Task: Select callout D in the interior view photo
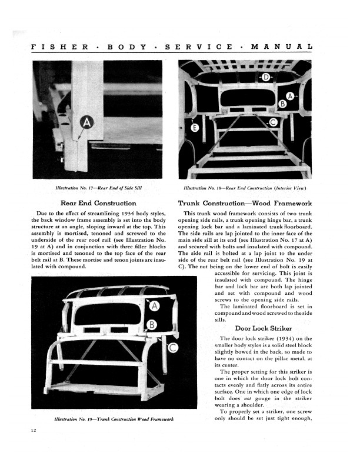(266, 78)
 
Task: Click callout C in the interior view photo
(272, 122)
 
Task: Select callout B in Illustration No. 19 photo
(151, 325)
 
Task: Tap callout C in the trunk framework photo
(174, 348)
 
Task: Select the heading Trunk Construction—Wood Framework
(245, 203)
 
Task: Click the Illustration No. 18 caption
(245, 188)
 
